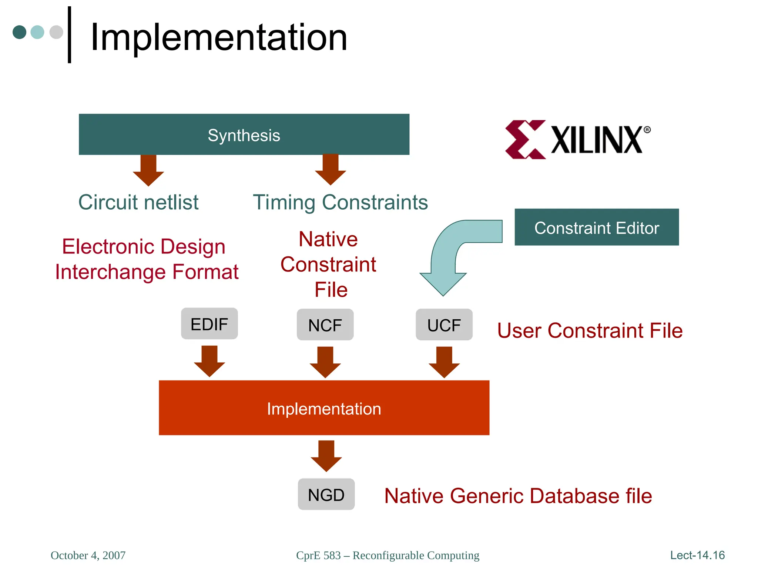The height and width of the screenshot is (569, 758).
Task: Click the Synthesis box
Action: [244, 134]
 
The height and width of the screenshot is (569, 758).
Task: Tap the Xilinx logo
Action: [577, 140]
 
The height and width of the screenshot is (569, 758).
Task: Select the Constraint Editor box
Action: [597, 227]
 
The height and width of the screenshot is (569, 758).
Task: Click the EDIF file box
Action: [209, 324]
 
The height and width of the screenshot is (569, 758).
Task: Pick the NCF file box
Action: [325, 325]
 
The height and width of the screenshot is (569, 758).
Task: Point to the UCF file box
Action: [444, 325]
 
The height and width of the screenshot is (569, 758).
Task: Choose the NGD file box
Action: [326, 495]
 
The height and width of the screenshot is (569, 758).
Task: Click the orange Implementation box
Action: [324, 408]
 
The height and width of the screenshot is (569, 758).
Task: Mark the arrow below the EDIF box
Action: [209, 361]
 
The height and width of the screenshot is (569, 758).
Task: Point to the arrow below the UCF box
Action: [444, 362]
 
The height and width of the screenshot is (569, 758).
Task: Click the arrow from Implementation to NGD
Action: [326, 455]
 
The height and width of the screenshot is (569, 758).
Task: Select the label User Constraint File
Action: [590, 330]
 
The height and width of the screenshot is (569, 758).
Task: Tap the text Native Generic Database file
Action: [518, 496]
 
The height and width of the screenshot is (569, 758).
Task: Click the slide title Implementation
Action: [219, 37]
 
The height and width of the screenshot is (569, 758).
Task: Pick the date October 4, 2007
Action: [88, 555]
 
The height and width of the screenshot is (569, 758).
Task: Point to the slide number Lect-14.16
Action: [697, 555]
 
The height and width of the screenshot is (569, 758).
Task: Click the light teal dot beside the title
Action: [37, 32]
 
